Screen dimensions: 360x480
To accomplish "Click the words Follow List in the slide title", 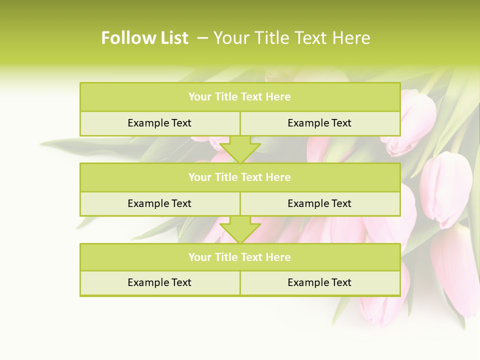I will [x=144, y=38].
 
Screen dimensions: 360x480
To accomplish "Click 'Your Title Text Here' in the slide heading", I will [x=291, y=38].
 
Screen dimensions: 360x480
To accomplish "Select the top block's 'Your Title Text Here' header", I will [x=239, y=97].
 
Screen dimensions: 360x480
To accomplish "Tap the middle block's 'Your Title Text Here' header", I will [x=239, y=177].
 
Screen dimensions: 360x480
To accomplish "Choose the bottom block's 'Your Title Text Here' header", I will [x=239, y=257].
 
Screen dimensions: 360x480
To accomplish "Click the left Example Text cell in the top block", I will [x=159, y=123].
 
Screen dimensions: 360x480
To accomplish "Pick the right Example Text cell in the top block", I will [x=319, y=123].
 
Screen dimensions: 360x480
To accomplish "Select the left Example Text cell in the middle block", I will [x=159, y=204].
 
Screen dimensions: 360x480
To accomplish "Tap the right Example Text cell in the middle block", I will [x=319, y=204].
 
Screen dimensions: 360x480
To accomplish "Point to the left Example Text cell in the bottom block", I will [x=159, y=283].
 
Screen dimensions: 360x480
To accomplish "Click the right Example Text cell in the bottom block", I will [x=319, y=283].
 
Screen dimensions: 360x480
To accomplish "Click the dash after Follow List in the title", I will [x=202, y=38].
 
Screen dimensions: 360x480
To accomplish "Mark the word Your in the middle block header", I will [x=199, y=177].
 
